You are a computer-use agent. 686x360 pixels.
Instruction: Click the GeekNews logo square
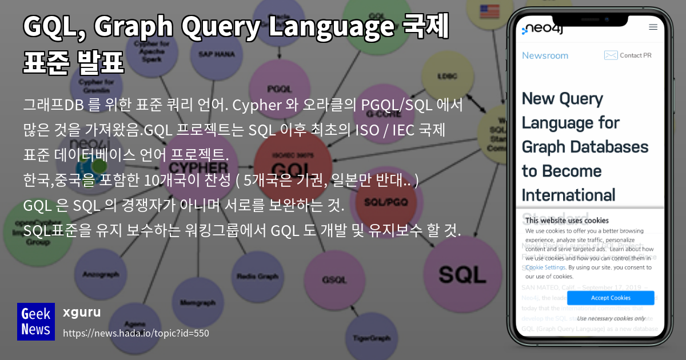36,322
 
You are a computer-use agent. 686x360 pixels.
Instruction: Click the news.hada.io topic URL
136,333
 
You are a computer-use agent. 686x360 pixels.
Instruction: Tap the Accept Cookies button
611,298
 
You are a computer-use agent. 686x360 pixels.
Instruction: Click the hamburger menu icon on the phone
653,27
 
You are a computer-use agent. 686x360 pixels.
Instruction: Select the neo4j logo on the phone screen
543,29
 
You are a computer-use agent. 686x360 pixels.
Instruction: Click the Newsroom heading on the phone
545,55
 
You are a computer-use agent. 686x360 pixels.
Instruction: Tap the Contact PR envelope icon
611,55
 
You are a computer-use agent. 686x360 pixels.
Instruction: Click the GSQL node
334,279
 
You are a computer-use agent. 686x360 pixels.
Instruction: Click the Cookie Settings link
546,267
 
